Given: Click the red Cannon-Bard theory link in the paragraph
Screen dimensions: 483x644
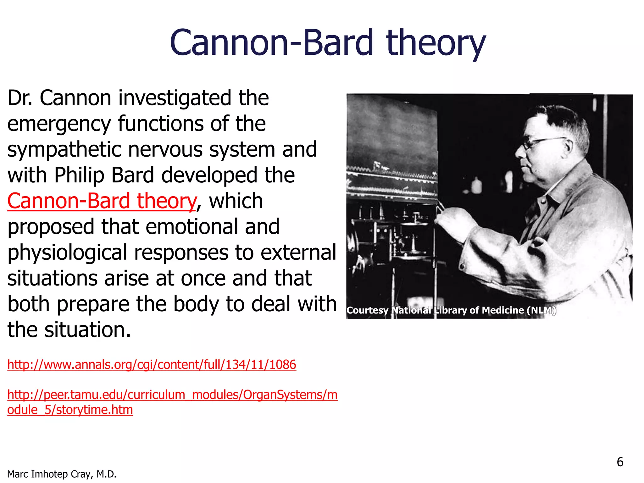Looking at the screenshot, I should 102,201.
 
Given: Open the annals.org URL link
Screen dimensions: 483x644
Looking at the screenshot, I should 152,364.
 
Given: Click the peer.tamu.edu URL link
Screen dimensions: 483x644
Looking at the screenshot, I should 172,395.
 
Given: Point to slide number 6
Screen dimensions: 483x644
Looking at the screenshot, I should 620,462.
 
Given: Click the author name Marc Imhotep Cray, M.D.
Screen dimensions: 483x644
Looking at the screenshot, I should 62,474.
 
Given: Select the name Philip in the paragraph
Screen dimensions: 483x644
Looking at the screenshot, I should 79,175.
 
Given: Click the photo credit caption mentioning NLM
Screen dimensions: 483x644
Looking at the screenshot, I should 451,310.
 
